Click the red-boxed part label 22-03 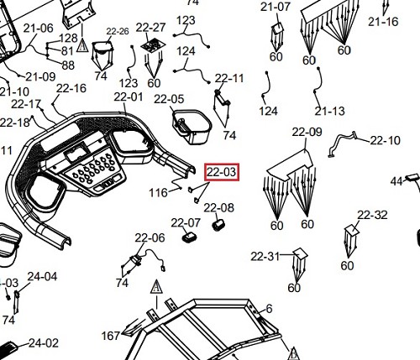(222, 172)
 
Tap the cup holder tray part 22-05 (192, 128)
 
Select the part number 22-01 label (129, 97)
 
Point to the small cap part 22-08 (218, 225)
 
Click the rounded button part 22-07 (189, 237)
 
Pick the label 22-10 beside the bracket (386, 140)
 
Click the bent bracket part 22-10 (342, 143)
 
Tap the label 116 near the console (158, 193)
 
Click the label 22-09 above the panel (307, 132)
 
